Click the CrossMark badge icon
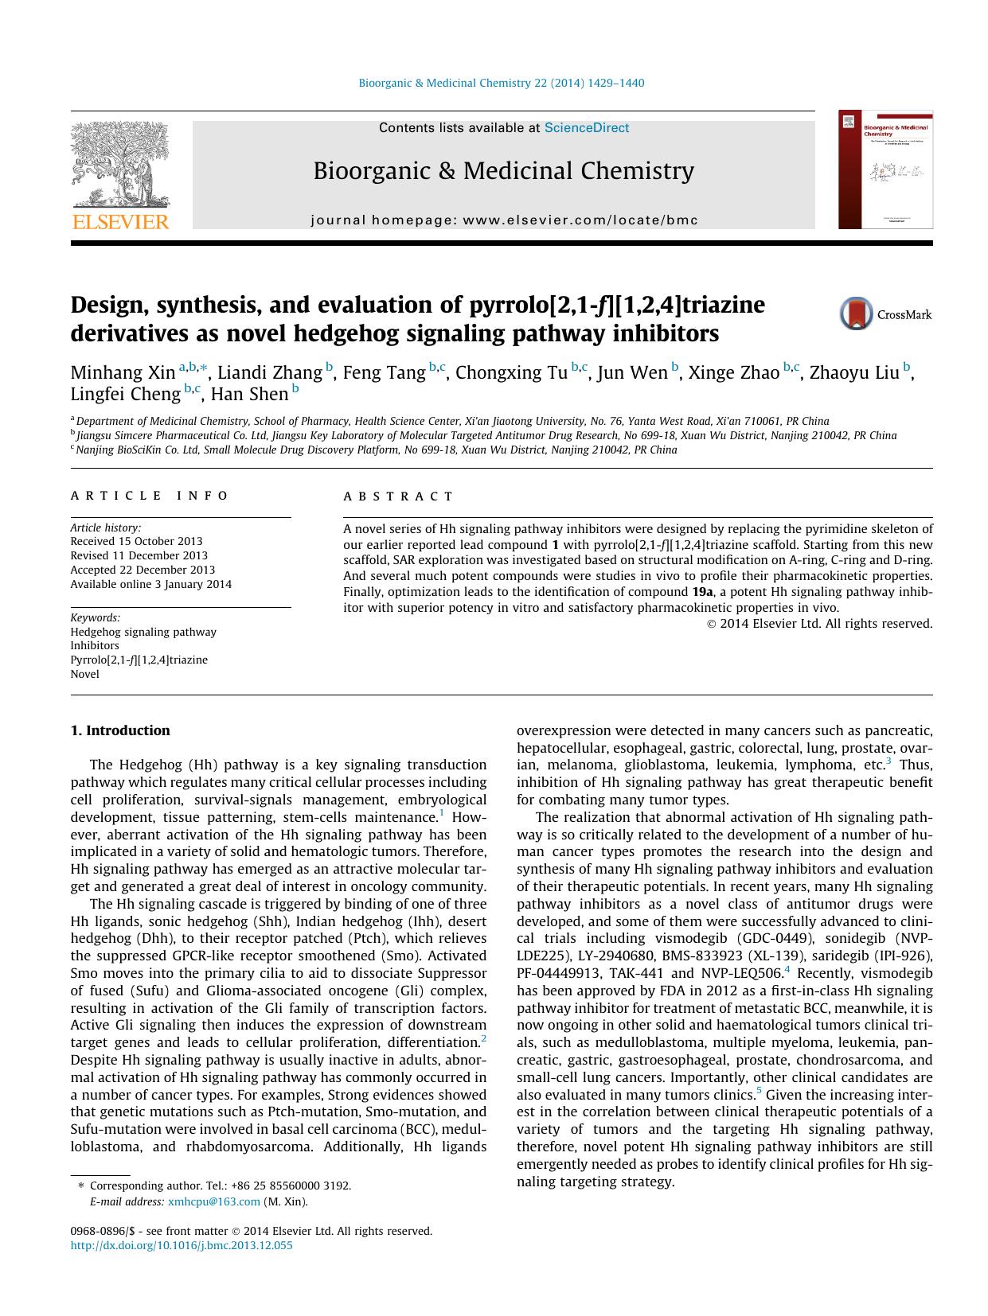pos(857,314)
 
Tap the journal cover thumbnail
pos(885,169)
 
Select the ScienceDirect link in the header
pos(587,128)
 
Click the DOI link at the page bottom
pos(182,1245)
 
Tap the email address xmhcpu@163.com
pos(214,1201)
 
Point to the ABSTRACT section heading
pos(398,496)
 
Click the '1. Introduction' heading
pos(120,730)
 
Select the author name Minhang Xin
pos(123,372)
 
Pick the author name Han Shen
pos(249,394)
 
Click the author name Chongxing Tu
pos(511,372)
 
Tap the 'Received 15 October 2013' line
pos(136,541)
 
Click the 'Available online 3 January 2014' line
pos(151,584)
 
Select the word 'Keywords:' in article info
pos(96,617)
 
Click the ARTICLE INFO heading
pos(150,496)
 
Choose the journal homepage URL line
pos(504,220)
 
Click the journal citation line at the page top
pos(502,83)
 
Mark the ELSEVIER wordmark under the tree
pos(121,222)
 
